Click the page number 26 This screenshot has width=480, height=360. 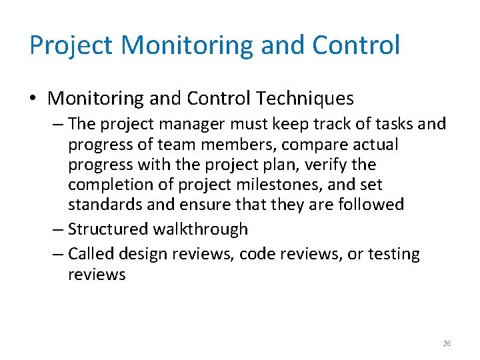click(x=447, y=343)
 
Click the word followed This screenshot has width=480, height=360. click(x=372, y=204)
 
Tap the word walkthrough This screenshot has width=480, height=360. click(x=201, y=229)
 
